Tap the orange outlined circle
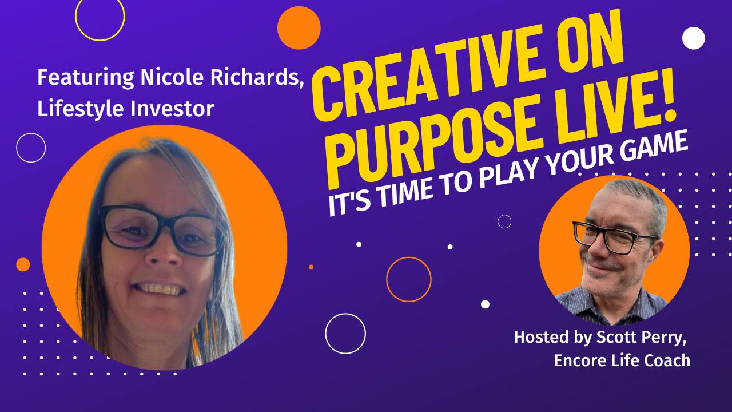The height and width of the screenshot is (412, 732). click(x=408, y=279)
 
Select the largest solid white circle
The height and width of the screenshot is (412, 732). click(x=694, y=38)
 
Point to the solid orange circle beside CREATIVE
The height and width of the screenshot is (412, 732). click(x=299, y=28)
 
